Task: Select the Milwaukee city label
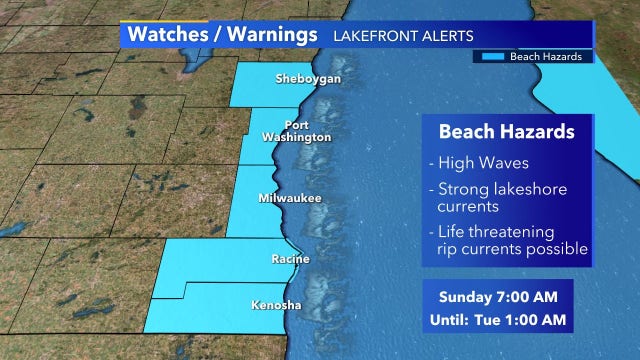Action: coord(290,199)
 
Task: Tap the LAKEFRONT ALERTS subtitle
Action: coord(403,36)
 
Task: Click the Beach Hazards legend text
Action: coord(546,57)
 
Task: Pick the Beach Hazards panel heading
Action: coord(504,130)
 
